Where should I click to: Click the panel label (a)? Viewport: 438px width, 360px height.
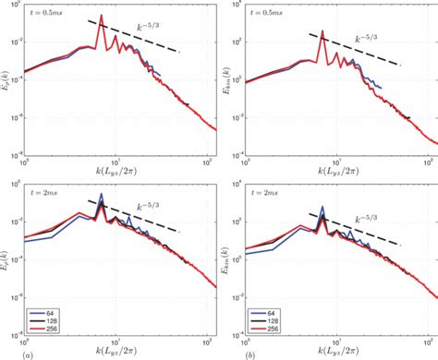pyautogui.click(x=8, y=353)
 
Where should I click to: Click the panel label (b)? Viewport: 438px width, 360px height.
pyautogui.click(x=227, y=353)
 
